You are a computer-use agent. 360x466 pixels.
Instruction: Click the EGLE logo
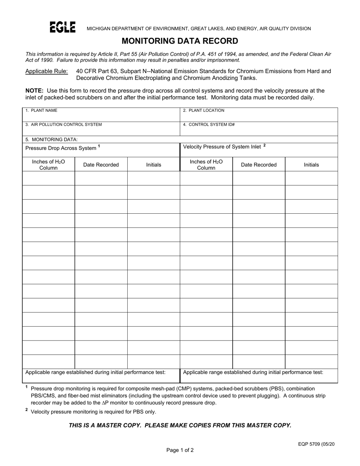coord(63,27)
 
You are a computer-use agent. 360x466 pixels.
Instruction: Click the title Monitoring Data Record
coord(180,41)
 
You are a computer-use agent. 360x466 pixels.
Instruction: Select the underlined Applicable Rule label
coord(47,71)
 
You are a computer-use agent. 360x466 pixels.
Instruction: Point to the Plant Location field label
coord(203,111)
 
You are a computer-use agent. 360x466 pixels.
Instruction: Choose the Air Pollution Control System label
coord(63,124)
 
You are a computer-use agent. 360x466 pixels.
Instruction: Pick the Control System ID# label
coord(209,124)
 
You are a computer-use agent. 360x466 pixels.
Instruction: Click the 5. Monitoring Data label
coord(52,139)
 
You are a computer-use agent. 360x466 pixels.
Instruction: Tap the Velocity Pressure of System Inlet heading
coord(224,147)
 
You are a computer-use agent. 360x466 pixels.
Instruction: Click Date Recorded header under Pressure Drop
coord(101,165)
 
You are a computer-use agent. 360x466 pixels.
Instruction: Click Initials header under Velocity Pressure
coord(311,165)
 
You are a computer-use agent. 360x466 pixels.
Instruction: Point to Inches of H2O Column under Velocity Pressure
coord(206,165)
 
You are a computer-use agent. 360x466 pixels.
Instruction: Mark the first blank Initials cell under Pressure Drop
coord(153,178)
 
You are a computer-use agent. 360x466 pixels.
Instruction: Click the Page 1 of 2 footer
coord(180,450)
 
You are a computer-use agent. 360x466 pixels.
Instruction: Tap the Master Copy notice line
coord(180,425)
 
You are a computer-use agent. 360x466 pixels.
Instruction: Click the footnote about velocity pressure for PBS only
coord(93,412)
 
